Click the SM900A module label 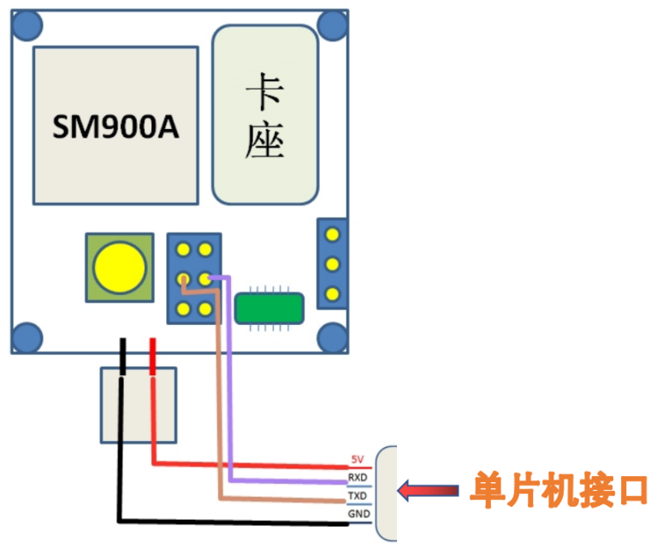tap(115, 127)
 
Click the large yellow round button tap(119, 267)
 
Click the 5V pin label tap(358, 460)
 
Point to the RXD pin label tap(358, 477)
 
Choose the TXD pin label tap(358, 496)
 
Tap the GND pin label tap(358, 515)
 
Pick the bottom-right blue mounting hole tap(332, 337)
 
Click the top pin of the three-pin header tap(333, 233)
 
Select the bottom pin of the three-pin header tap(333, 294)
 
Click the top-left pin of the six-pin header tap(184, 250)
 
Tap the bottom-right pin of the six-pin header tap(204, 309)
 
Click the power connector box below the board tap(139, 404)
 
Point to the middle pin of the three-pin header tap(333, 263)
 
